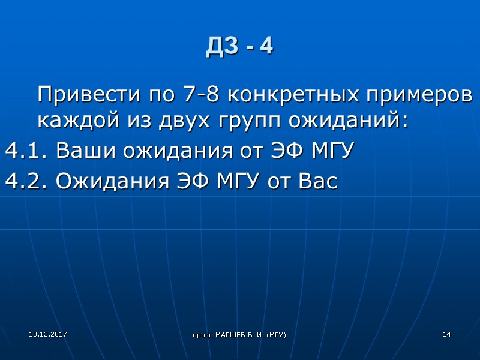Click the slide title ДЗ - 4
[239, 47]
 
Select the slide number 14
[446, 334]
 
